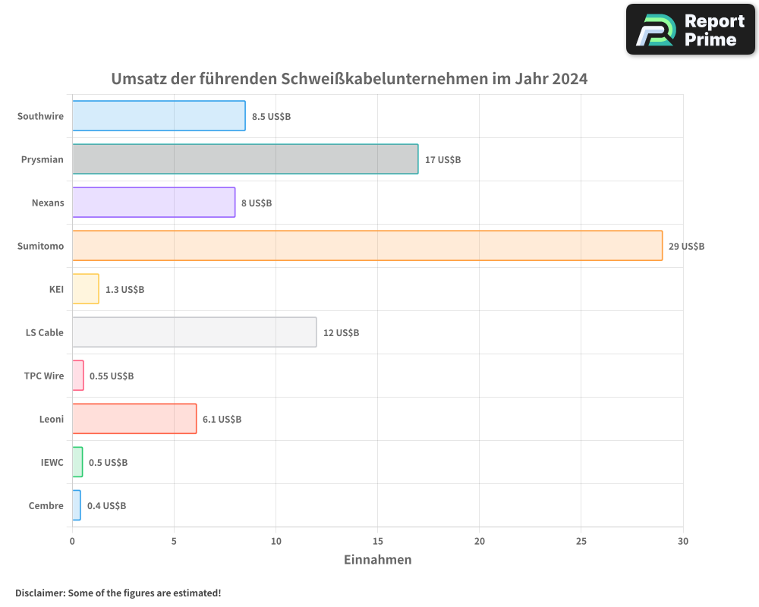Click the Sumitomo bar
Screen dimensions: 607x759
(367, 246)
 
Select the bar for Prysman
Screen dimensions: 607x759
(245, 159)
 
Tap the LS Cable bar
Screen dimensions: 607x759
(194, 332)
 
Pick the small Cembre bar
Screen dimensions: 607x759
(76, 505)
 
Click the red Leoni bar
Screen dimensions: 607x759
(134, 419)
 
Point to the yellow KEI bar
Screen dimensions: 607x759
(85, 289)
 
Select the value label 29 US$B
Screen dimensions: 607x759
(686, 247)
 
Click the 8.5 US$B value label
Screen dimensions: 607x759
(271, 117)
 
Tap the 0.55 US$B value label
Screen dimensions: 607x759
(112, 376)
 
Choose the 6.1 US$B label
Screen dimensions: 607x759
(222, 420)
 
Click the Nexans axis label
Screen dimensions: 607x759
(48, 203)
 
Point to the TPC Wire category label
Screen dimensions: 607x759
(44, 376)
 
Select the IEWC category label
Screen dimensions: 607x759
(52, 462)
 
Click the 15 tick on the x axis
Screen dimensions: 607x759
(377, 541)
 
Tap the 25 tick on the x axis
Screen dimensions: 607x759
(581, 541)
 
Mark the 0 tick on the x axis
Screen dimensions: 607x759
(72, 541)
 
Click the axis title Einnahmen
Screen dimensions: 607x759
(377, 560)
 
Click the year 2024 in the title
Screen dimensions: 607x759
(569, 79)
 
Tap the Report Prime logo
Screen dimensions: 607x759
(690, 30)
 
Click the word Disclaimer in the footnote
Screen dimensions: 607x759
(39, 593)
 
